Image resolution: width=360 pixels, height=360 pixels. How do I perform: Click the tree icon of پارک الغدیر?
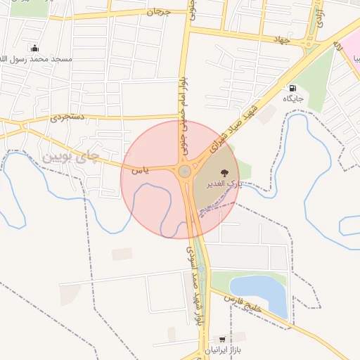click(223, 172)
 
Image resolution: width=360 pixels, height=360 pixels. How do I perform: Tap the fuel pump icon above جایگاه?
click(292, 88)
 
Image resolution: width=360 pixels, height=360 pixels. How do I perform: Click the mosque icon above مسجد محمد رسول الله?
click(34, 48)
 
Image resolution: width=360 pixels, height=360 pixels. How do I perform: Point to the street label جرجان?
click(155, 13)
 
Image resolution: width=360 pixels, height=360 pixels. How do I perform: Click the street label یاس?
click(141, 169)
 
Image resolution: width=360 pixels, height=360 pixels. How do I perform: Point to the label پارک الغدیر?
click(223, 184)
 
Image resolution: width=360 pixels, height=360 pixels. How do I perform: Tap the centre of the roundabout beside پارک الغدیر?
click(184, 171)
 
